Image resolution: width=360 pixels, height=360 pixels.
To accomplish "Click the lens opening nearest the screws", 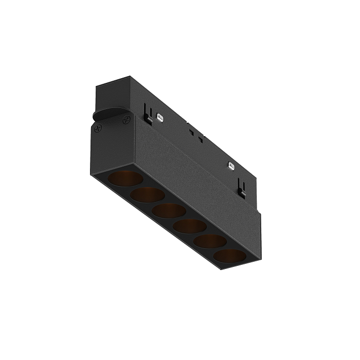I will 125,178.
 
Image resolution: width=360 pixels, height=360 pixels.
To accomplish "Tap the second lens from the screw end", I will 147,194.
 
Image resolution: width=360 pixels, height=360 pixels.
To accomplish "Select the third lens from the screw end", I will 169,210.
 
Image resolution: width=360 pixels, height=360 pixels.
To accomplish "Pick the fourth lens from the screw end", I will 190,226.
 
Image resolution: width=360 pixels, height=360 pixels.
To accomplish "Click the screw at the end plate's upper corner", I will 127,119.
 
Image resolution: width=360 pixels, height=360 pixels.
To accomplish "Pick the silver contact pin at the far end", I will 231,167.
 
